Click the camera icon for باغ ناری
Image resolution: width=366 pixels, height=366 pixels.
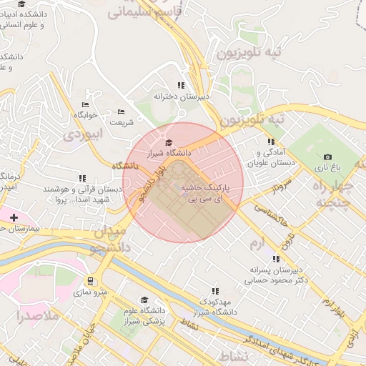pos(327,157)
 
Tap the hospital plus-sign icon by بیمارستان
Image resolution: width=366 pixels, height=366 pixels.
pos(14,217)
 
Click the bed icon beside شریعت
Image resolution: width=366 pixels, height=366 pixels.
pos(121,112)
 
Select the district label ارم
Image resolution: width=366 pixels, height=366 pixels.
pos(255,244)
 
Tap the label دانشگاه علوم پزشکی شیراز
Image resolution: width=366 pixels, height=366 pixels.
pos(143,315)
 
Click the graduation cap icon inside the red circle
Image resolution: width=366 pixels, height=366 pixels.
pos(169,143)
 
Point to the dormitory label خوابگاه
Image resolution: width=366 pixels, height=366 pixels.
pos(84,114)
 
